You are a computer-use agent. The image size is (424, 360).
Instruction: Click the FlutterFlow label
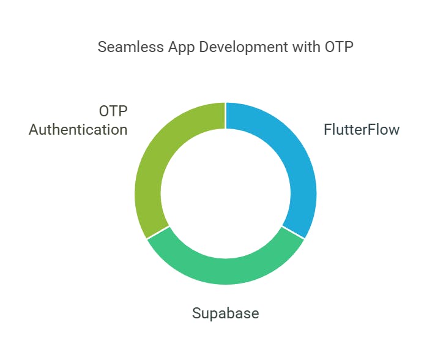(x=362, y=129)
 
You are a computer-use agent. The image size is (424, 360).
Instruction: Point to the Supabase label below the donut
(x=226, y=313)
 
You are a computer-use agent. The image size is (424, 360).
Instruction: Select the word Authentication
(x=78, y=129)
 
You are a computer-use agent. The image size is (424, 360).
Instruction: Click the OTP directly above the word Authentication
(x=113, y=111)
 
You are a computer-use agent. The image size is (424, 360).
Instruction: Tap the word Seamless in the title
(x=130, y=47)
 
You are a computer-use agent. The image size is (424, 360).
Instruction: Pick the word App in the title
(x=182, y=48)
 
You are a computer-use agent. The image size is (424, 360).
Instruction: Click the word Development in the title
(x=244, y=48)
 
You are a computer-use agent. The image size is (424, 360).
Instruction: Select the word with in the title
(x=306, y=47)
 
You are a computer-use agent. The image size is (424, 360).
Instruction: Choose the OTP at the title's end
(x=339, y=47)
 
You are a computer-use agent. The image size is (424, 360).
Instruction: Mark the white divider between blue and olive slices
(x=226, y=116)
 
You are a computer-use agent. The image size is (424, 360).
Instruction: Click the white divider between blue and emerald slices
(x=294, y=233)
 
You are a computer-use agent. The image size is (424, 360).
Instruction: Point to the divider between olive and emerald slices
(x=158, y=233)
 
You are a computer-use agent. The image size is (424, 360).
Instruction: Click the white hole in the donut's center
(x=226, y=193)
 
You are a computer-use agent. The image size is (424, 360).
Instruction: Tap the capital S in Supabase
(x=196, y=313)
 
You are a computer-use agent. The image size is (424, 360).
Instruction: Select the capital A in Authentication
(x=34, y=129)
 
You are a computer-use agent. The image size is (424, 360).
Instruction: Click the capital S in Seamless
(x=102, y=47)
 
